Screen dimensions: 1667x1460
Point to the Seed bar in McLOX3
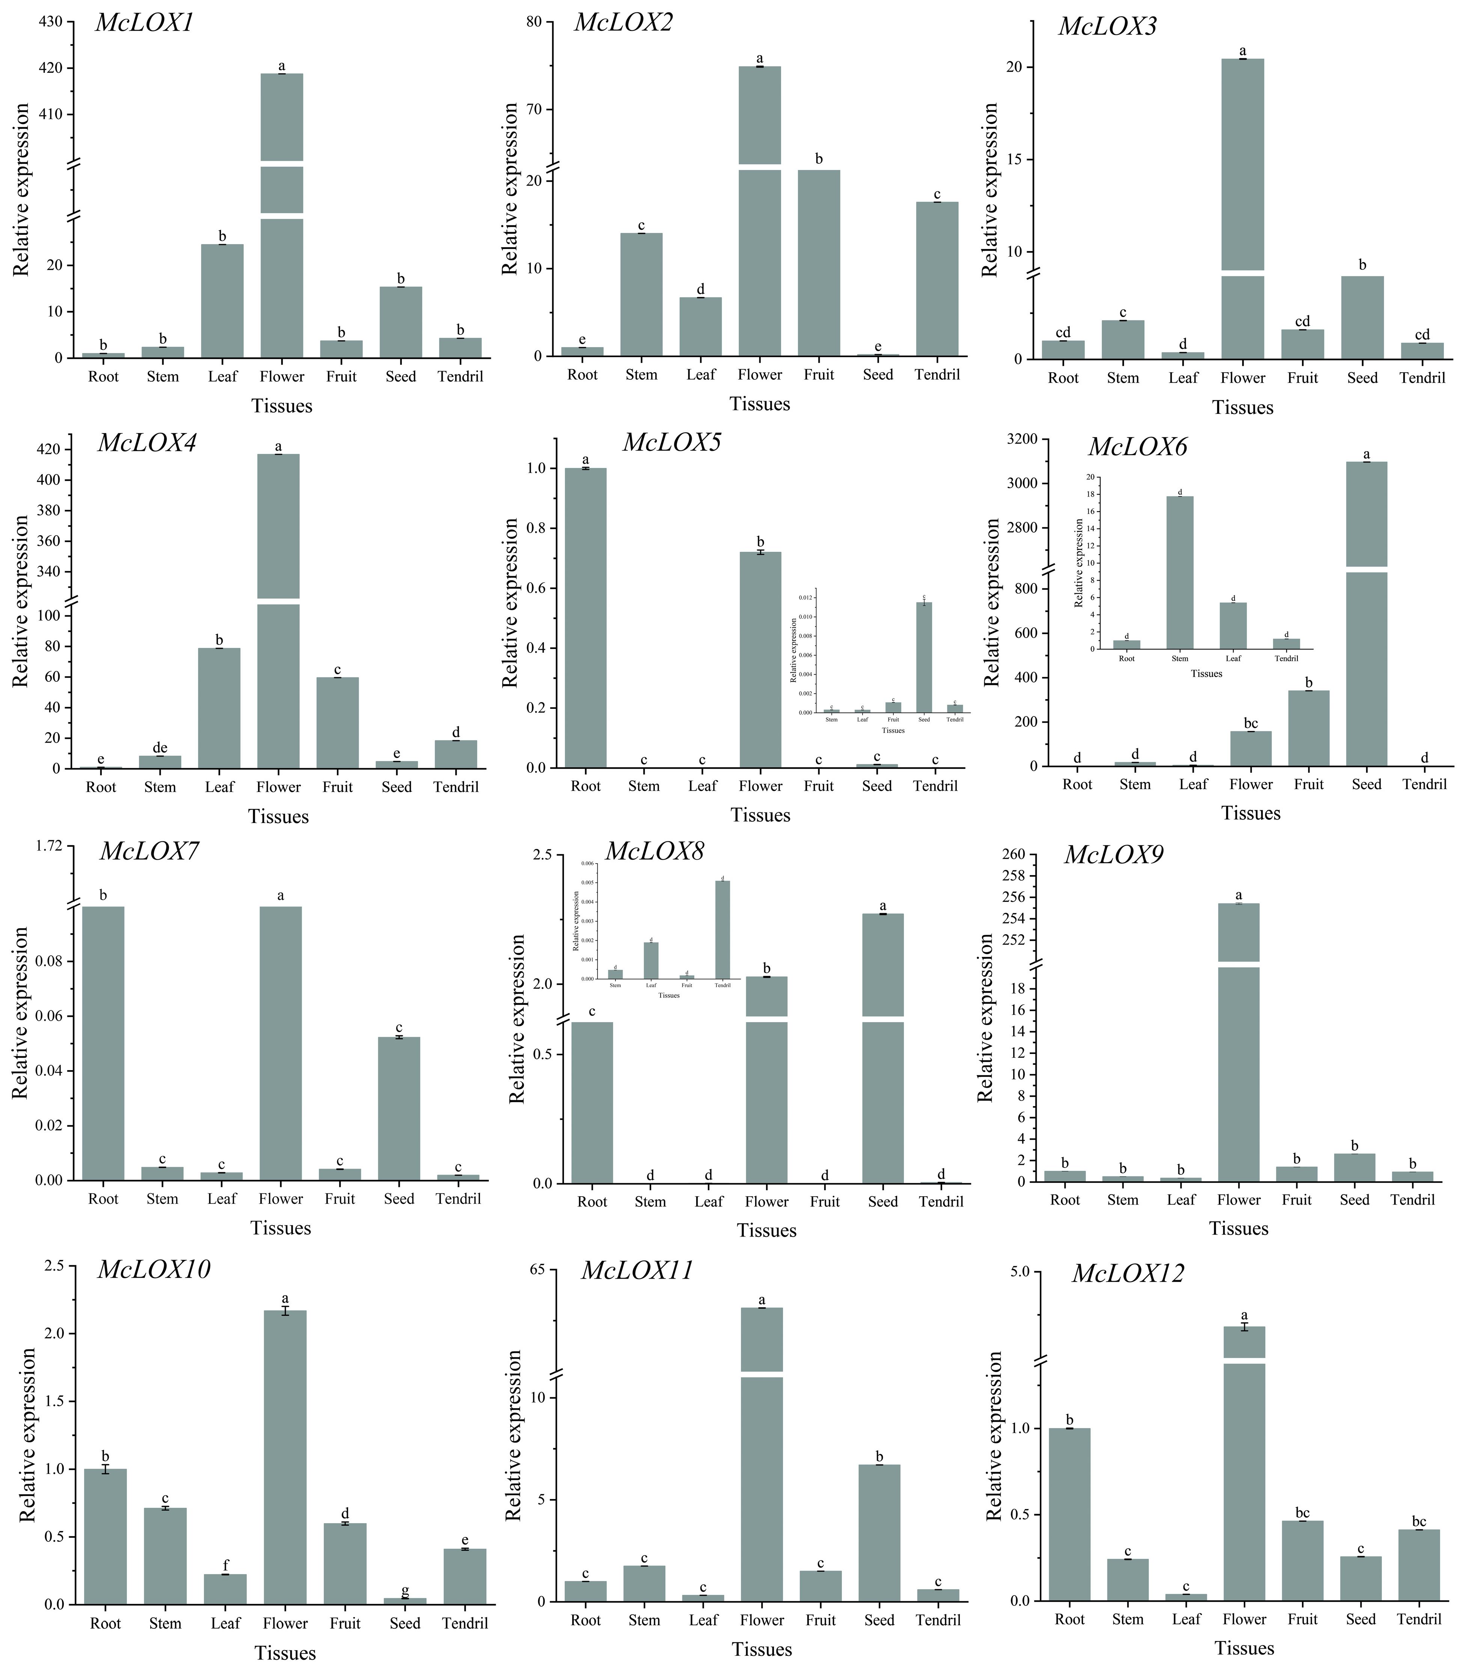[x=1362, y=318]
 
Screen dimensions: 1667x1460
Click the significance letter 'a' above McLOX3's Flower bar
[x=1243, y=50]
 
